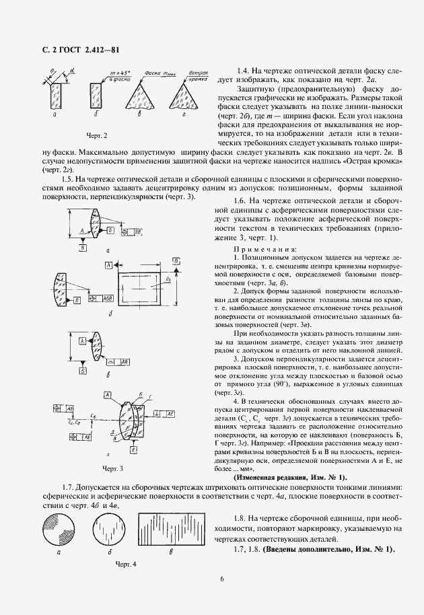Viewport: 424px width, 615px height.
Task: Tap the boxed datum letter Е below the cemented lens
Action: pos(135,449)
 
